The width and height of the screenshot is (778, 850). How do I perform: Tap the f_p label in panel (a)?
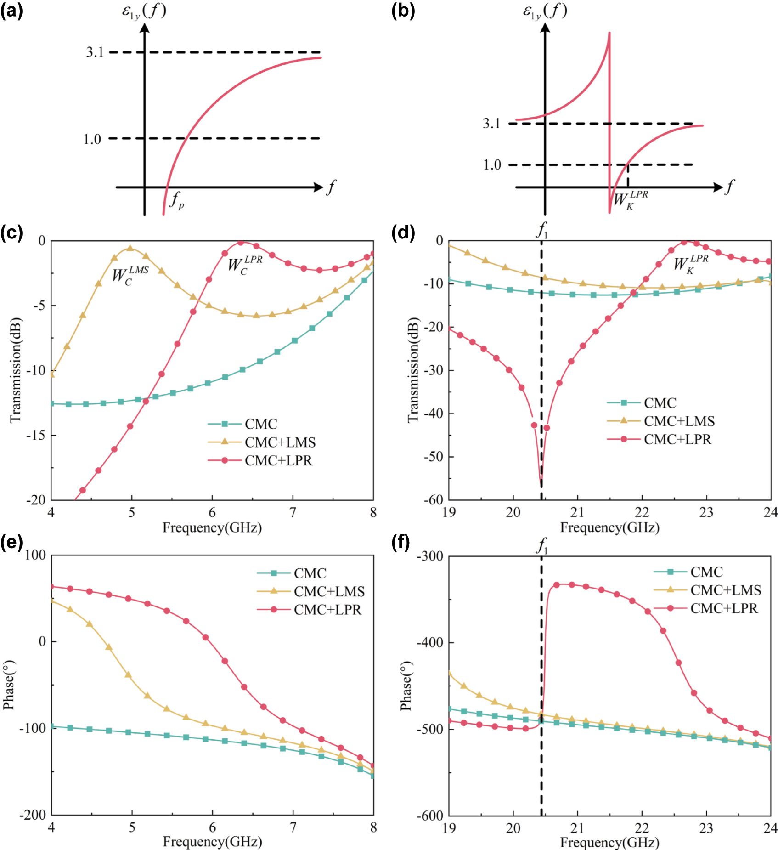[177, 200]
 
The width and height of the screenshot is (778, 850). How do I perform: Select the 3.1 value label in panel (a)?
[95, 52]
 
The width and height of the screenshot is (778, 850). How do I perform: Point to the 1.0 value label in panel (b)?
[492, 165]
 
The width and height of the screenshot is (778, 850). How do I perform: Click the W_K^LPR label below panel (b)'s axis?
[630, 200]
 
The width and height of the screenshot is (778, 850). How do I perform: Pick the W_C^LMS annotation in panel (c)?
[130, 275]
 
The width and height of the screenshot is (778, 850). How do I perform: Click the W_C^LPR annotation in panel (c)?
[245, 265]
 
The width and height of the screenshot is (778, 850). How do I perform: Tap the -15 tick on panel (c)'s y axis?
[36, 435]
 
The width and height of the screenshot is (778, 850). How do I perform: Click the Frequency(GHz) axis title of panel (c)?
[212, 527]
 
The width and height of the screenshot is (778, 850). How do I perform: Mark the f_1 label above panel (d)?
[542, 230]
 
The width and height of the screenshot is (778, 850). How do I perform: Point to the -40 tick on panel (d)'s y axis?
[433, 414]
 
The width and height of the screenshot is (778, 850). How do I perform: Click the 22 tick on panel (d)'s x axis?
[642, 512]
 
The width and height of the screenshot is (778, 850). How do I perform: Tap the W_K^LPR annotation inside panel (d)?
[691, 264]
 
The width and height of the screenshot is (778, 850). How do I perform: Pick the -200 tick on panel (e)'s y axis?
[33, 815]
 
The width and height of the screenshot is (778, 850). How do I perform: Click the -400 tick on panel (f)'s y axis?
[430, 642]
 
